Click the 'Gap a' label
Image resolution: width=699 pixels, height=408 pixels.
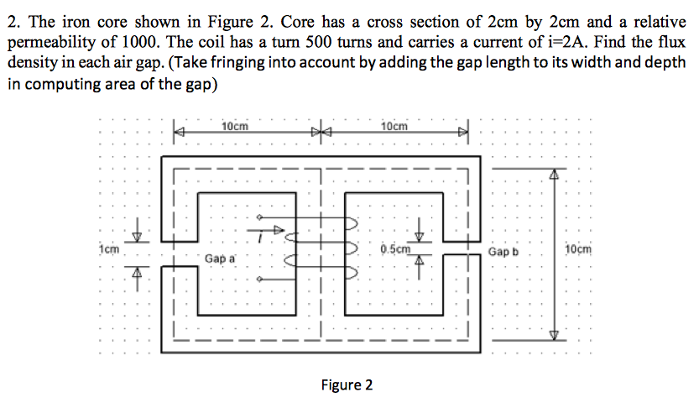(x=221, y=259)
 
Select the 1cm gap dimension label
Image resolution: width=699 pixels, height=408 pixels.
(x=108, y=249)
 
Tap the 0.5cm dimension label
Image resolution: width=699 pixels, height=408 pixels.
(x=395, y=248)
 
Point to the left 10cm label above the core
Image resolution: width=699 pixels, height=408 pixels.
(x=236, y=126)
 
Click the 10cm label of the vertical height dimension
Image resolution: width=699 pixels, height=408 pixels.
(x=578, y=250)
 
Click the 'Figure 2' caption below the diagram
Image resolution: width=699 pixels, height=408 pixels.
(x=347, y=385)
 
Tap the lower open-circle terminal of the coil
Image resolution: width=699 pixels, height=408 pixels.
(x=260, y=279)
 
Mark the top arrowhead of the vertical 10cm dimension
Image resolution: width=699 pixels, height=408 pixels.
(x=553, y=176)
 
